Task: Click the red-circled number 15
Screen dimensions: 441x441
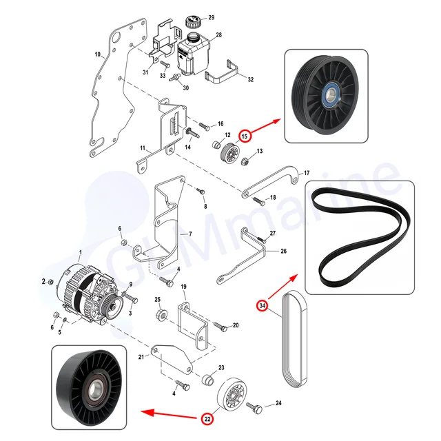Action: pos(245,136)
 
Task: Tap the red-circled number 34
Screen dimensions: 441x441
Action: pos(263,305)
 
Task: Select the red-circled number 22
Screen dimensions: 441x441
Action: pos(207,417)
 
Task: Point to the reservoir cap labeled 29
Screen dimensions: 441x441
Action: pos(193,20)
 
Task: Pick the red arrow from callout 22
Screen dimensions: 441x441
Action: pos(169,414)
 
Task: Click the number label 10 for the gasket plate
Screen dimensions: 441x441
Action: pos(99,54)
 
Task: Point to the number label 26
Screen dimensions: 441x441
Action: pos(283,252)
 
